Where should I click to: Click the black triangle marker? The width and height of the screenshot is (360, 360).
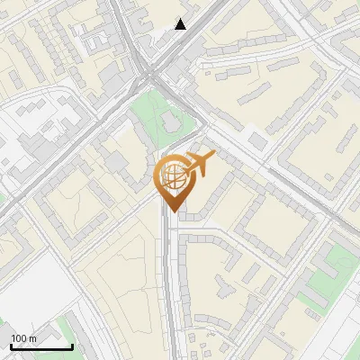tap(181, 24)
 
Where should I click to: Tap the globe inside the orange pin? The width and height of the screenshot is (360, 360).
tap(172, 175)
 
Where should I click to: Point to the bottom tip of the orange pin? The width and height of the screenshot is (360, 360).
tap(172, 211)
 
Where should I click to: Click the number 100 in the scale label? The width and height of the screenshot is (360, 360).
tap(20, 338)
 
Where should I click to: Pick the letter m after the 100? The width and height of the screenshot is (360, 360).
tap(33, 338)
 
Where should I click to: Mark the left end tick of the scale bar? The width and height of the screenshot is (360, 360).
tap(11, 346)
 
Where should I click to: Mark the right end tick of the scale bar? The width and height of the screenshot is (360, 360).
tap(72, 346)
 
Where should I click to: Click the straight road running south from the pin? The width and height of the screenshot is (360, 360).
tap(169, 288)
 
